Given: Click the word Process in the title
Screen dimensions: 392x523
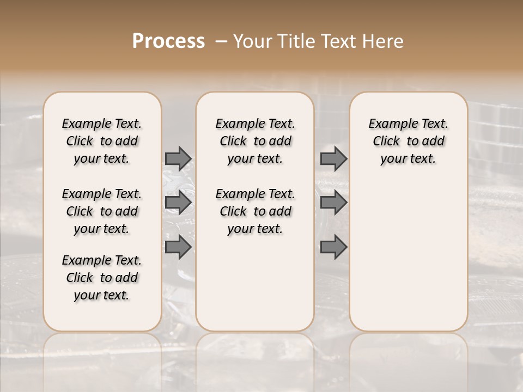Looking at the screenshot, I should [168, 41].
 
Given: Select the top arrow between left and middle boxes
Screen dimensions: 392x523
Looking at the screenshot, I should [178, 158].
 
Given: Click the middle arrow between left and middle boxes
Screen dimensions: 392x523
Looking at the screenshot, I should [178, 203].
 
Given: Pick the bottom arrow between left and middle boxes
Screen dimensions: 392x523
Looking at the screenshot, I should [178, 247].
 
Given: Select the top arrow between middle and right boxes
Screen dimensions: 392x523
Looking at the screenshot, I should [333, 158].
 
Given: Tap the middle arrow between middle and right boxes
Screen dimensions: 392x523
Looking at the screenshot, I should [333, 203].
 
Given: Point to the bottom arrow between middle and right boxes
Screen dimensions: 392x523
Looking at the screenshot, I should [333, 247].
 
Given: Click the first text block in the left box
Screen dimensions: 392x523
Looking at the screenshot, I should [102, 141].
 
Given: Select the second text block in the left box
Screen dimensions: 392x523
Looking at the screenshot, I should [102, 211].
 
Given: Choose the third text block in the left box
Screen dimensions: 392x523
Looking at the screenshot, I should [102, 278].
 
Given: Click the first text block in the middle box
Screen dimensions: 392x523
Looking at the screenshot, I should [255, 141].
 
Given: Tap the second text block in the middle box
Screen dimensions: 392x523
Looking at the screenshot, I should [255, 211].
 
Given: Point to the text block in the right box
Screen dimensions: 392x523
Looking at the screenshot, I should [408, 141].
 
